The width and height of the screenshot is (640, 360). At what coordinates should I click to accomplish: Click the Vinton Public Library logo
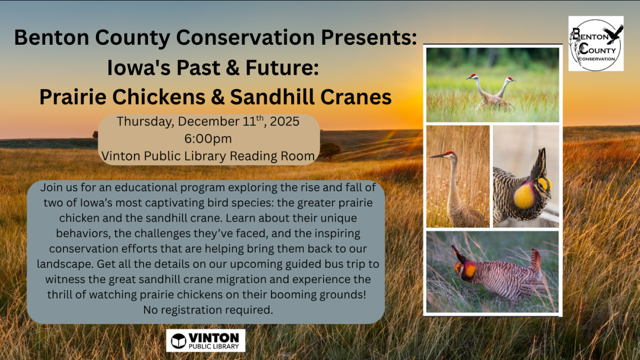(x=206, y=341)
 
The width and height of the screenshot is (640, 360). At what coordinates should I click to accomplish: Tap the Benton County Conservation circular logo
(x=596, y=44)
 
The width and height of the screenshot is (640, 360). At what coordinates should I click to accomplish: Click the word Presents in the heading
(x=369, y=37)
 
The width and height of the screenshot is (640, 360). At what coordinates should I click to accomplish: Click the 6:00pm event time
(x=208, y=139)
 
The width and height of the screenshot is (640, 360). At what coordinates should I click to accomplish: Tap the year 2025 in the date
(x=285, y=122)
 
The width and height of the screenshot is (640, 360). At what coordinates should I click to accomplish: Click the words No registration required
(x=208, y=310)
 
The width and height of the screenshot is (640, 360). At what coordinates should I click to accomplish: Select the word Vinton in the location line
(x=121, y=156)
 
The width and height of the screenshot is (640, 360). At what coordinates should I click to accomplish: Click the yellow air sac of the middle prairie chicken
(x=524, y=196)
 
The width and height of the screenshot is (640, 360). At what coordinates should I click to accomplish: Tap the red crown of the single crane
(x=450, y=153)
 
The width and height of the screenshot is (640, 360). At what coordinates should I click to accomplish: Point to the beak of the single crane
(x=437, y=156)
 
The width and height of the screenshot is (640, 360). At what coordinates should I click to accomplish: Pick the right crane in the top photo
(x=505, y=91)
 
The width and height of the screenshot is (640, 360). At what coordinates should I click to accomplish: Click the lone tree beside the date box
(x=330, y=151)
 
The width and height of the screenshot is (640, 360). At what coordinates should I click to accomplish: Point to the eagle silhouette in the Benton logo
(x=613, y=34)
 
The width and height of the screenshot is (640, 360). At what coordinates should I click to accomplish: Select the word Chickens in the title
(x=158, y=97)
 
